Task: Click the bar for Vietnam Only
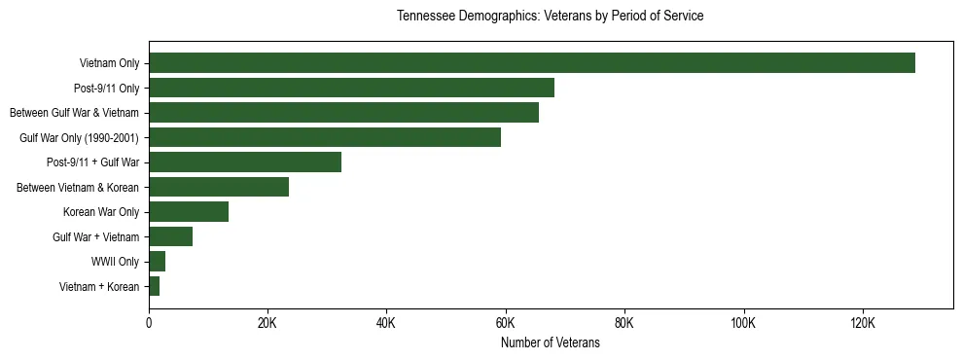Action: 531,63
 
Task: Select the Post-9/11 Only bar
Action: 351,88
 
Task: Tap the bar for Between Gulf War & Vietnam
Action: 343,113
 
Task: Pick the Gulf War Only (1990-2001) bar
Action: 325,137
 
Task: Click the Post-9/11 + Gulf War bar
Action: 245,162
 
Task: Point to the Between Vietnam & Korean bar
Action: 219,187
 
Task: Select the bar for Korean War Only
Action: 189,212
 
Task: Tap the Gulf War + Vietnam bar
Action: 170,236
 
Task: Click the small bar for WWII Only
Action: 157,262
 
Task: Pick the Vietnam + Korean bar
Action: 154,286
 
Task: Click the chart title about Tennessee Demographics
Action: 550,17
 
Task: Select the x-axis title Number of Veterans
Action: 550,343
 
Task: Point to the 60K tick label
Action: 505,323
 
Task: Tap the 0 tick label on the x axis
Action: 149,323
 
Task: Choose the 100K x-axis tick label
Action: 743,323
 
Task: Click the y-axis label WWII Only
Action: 116,262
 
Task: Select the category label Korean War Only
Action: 101,212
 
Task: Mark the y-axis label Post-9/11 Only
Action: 107,89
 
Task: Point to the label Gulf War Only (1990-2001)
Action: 80,138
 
